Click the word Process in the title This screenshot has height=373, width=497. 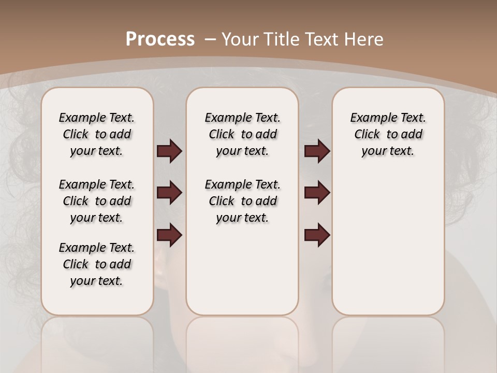coord(160,39)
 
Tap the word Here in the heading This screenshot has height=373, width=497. coord(363,39)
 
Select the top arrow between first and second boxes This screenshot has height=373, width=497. coord(169,151)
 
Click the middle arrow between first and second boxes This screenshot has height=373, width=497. coord(169,193)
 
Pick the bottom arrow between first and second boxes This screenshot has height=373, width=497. coord(169,235)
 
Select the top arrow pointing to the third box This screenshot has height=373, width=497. coord(317,151)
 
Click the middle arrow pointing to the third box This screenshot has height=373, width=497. coord(317,193)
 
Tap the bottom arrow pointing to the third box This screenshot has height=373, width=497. coord(317,235)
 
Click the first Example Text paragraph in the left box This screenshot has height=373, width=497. coord(97,134)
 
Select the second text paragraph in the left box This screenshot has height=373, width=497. coord(97,201)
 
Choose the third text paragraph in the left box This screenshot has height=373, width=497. coord(97,264)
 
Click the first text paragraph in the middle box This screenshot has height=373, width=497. coord(243,134)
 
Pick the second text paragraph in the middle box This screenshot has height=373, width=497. coord(243,201)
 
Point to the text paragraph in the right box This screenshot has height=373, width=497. coord(388,134)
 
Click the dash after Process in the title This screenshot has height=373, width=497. coord(210,39)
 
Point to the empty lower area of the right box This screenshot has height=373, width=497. coord(388,243)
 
